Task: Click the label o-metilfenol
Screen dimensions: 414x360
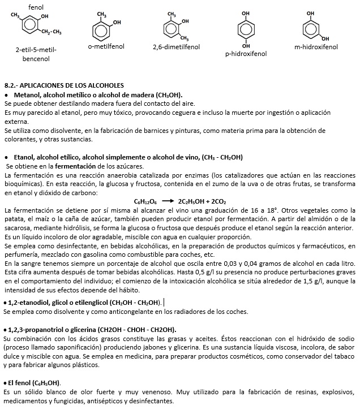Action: tap(106, 46)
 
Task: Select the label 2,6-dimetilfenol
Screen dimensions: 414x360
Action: tap(176, 46)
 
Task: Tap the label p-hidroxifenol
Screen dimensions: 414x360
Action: tap(246, 54)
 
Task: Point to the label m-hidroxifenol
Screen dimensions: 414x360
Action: tap(316, 46)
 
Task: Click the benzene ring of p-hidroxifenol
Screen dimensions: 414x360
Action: tap(245, 29)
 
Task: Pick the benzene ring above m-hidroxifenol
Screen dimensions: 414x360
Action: tap(310, 28)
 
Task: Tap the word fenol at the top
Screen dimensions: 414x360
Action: tap(36, 7)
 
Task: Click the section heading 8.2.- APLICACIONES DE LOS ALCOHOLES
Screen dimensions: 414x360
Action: tap(63, 84)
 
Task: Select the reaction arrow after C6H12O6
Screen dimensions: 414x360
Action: tap(168, 201)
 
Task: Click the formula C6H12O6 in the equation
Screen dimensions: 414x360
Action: tap(145, 201)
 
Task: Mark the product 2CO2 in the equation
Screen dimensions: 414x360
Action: tap(217, 201)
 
